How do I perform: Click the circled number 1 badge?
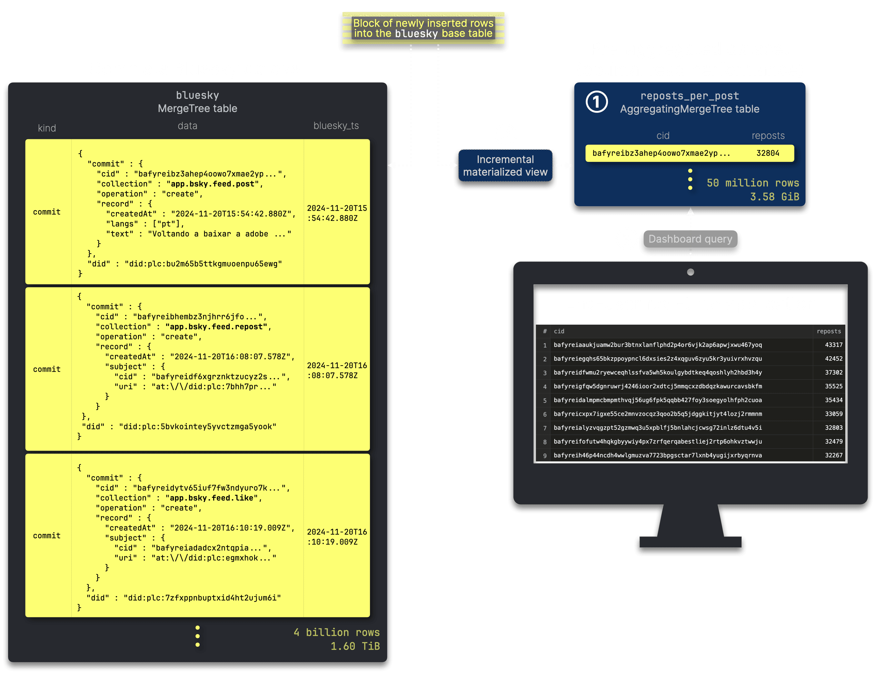coord(597,102)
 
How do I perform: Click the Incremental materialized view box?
coord(505,166)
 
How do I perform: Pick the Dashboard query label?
coord(690,239)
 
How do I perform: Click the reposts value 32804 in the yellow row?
coord(768,153)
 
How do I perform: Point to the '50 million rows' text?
coord(753,183)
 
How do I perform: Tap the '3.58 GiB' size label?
coord(774,197)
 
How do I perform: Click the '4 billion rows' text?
coord(336,632)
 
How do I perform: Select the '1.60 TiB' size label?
coord(355,646)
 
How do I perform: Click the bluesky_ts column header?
coord(336,126)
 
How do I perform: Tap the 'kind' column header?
coord(47,128)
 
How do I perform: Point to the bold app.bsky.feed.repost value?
coord(216,327)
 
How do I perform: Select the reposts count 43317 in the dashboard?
coord(834,345)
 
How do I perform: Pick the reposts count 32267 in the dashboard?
coord(834,455)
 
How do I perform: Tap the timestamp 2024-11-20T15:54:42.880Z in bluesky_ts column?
coord(337,213)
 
